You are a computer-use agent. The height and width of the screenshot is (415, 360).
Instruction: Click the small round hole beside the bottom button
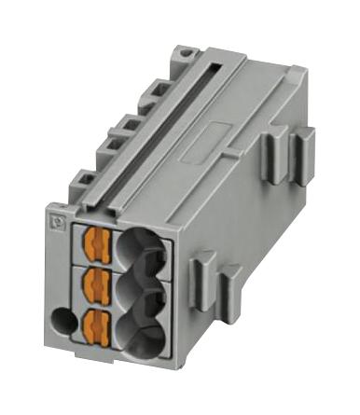[62, 323]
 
